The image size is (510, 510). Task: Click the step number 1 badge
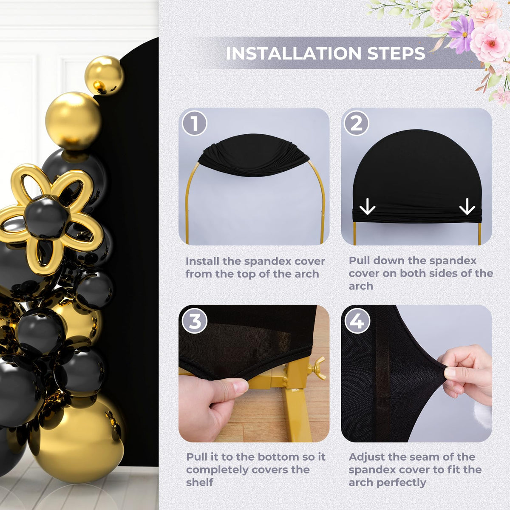(195, 123)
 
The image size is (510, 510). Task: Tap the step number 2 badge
(357, 123)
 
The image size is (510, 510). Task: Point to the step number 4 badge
(357, 322)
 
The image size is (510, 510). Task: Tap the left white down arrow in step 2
(367, 206)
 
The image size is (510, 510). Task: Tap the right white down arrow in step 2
(467, 206)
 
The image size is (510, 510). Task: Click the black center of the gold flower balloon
(46, 216)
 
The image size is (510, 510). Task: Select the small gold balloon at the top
(104, 75)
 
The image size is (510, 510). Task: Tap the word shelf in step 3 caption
(199, 482)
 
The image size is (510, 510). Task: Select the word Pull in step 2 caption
(360, 261)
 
